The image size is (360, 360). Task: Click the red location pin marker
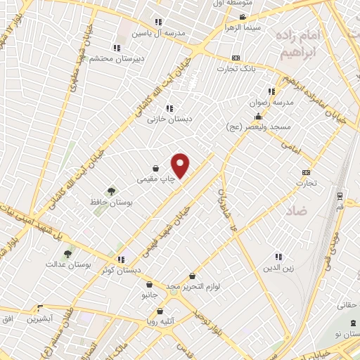[181, 165]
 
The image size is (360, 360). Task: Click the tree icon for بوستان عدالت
[67, 254]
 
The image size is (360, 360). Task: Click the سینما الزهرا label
[242, 27]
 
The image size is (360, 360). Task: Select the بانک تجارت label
[235, 68]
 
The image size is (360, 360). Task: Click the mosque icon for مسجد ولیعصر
[258, 117]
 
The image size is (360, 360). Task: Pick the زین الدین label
[278, 268]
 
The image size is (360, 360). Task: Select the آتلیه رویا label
[161, 321]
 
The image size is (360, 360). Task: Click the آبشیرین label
[35, 319]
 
